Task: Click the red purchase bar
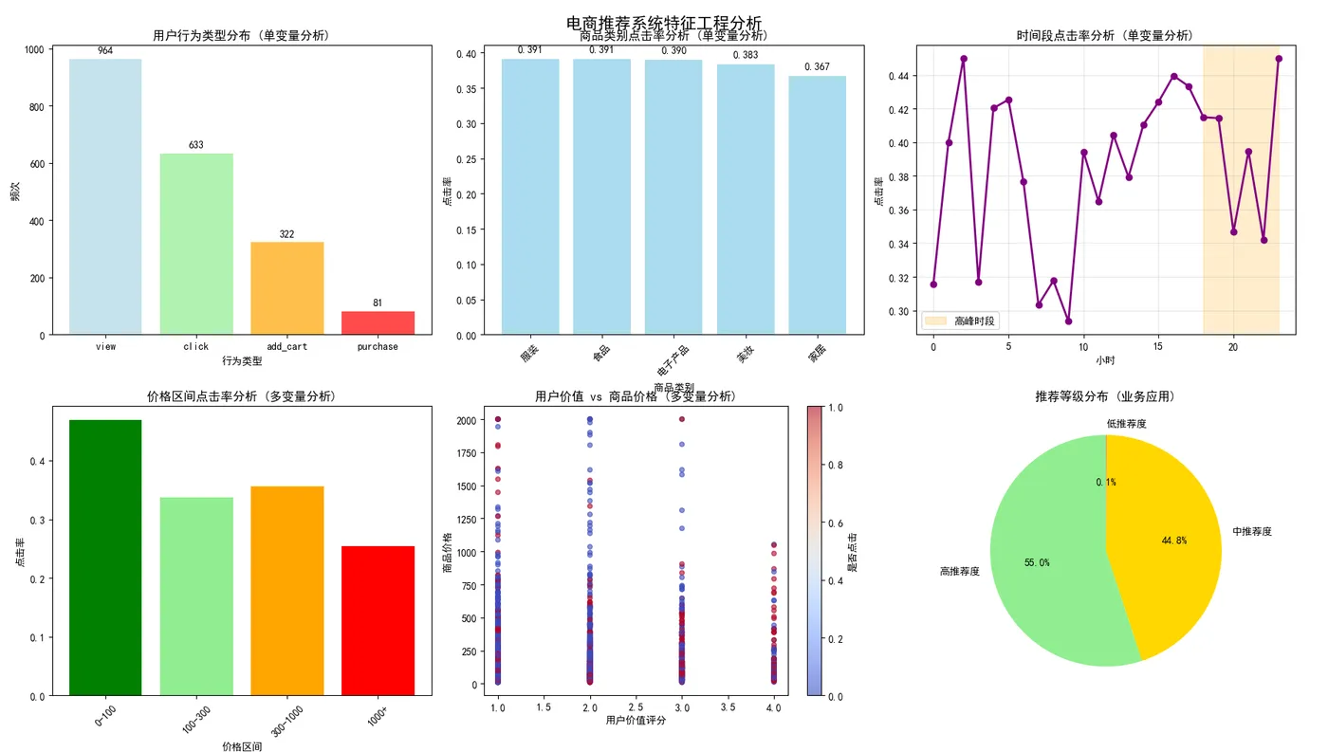[x=378, y=322]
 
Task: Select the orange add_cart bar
[x=287, y=288]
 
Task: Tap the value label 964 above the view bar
[x=105, y=51]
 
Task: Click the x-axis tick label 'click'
[x=196, y=347]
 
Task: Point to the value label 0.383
[x=745, y=56]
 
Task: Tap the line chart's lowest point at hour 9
[x=1068, y=321]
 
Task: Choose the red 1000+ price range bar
[x=378, y=620]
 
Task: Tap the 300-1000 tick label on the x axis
[x=287, y=721]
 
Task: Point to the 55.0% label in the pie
[x=1037, y=562]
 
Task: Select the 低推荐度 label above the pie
[x=1126, y=424]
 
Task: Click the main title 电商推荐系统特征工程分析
[x=663, y=23]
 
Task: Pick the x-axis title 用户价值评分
[x=636, y=721]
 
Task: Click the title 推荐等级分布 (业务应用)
[x=1106, y=396]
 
